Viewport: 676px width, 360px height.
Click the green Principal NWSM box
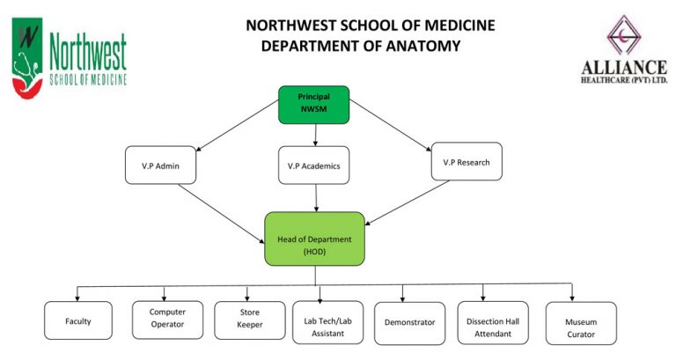point(313,104)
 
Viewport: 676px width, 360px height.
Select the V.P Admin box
point(161,165)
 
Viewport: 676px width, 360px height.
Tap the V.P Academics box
point(314,165)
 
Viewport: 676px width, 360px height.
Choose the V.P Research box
point(467,162)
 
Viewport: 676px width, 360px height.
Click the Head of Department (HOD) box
point(314,239)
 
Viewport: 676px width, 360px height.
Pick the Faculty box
point(78,321)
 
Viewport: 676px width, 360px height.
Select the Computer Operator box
point(166,318)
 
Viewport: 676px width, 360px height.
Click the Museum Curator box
point(581,323)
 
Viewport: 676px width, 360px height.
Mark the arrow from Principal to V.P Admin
point(238,125)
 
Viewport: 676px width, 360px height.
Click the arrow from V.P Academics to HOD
point(315,198)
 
